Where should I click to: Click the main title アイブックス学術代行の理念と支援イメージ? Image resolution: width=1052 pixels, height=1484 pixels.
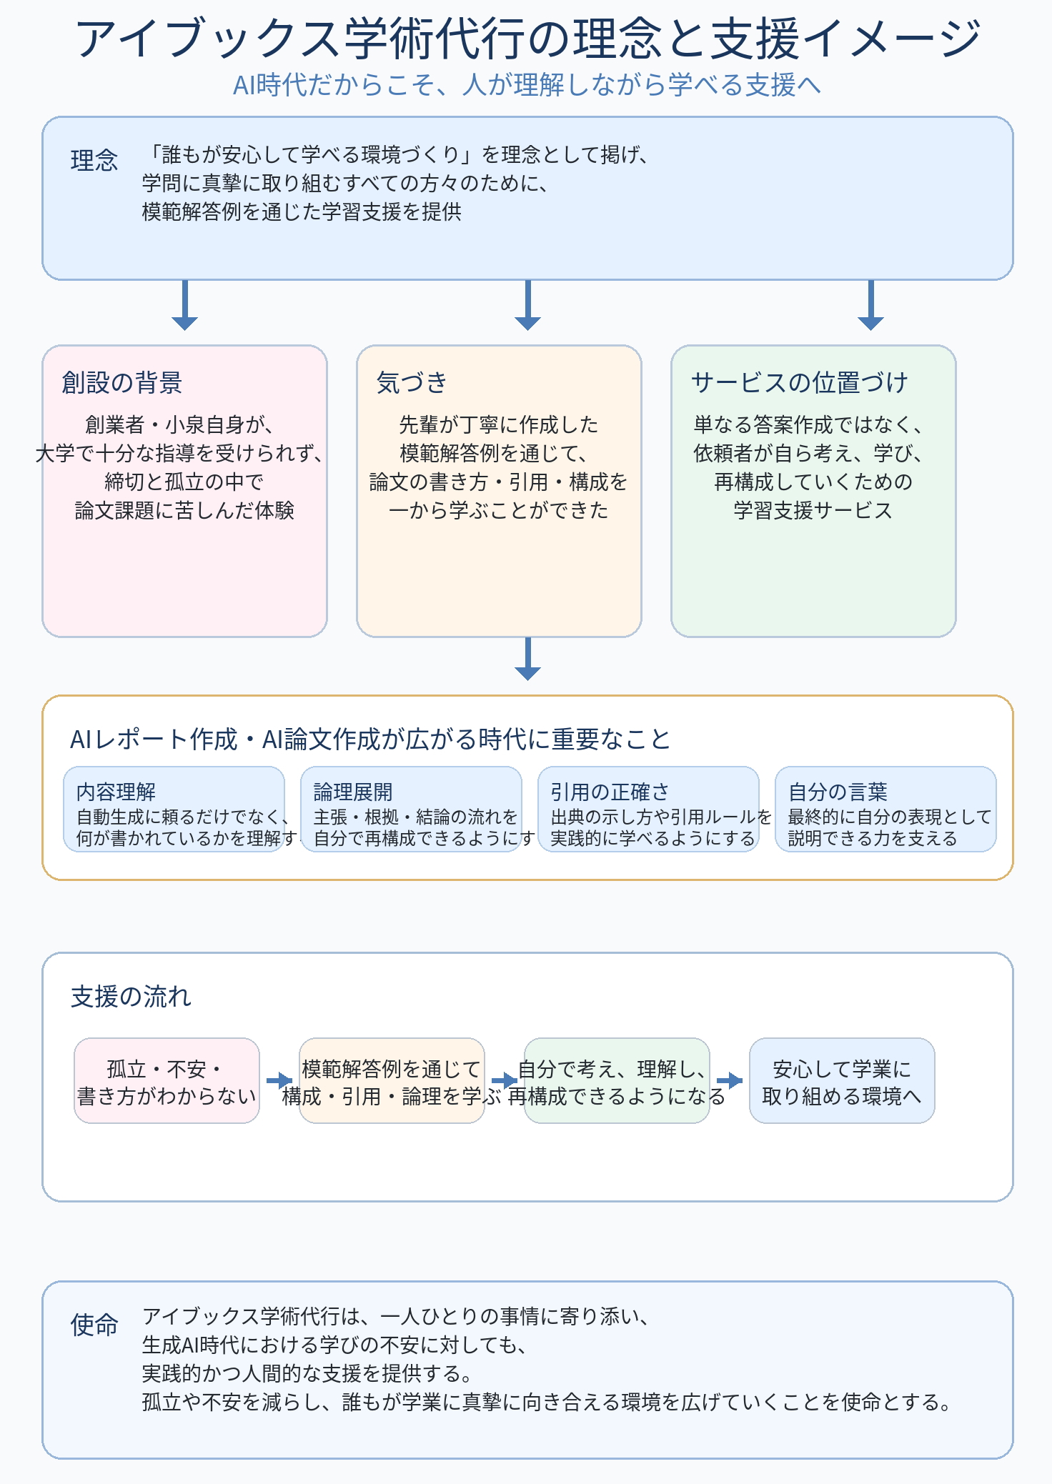coord(527,39)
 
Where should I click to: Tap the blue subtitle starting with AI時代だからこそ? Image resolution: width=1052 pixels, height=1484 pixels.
coord(527,85)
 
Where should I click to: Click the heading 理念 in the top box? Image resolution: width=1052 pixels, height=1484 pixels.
coord(94,160)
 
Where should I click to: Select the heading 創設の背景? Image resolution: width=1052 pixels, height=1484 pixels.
coord(122,382)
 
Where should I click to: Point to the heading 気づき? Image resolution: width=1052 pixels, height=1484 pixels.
coord(412,382)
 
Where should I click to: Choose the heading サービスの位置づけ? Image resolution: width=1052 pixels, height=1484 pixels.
coord(799,382)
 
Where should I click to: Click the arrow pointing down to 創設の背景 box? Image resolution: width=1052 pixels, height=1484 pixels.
coord(184,305)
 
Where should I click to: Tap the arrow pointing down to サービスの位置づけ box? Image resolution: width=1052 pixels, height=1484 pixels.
coord(870,305)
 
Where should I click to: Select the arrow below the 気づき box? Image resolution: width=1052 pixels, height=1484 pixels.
coord(527,659)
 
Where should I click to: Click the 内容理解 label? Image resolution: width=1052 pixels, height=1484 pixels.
coord(116,792)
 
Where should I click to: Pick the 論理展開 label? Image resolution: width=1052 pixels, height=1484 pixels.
coord(353,792)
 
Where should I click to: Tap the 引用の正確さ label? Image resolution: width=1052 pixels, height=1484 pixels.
coord(610,792)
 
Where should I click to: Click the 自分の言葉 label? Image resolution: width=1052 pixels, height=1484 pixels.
coord(838,792)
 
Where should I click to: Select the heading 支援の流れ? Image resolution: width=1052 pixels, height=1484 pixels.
coord(131,996)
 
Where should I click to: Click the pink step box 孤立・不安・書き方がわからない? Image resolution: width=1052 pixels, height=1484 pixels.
coord(167,1081)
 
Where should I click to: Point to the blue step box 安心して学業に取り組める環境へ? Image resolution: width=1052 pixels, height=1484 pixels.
coord(842,1081)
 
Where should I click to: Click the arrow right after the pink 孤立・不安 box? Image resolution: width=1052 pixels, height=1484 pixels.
coord(279,1081)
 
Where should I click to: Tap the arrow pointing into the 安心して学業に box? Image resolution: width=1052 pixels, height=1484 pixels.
coord(730,1081)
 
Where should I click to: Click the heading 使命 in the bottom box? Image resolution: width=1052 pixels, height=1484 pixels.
coord(94,1325)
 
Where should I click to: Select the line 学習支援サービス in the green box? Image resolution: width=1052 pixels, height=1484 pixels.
coord(813,510)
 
